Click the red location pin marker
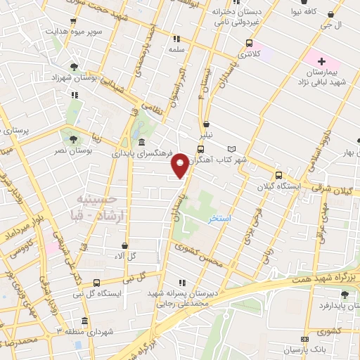pyautogui.click(x=181, y=165)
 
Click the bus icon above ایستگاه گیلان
pyautogui.click(x=278, y=176)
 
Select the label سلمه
pyautogui.click(x=176, y=50)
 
